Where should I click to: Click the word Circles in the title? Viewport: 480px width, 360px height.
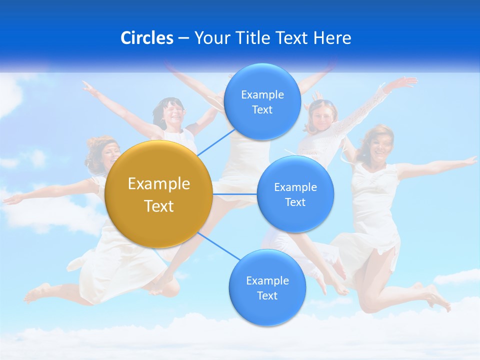click(x=146, y=38)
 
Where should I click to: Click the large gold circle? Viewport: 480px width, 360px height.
click(x=159, y=194)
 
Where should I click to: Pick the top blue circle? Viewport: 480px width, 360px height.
click(x=262, y=101)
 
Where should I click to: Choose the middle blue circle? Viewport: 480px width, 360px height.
click(x=295, y=194)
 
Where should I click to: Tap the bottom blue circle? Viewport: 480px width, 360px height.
click(x=267, y=287)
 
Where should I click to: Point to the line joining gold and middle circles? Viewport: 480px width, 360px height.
click(x=234, y=194)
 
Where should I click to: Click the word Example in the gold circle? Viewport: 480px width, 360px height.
click(x=159, y=184)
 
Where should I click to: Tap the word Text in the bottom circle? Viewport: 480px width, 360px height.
click(x=267, y=295)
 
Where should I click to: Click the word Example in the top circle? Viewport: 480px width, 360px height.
click(x=262, y=94)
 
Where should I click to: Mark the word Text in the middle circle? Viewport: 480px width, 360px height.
click(x=295, y=202)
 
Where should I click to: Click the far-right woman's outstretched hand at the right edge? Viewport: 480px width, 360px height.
click(x=470, y=160)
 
